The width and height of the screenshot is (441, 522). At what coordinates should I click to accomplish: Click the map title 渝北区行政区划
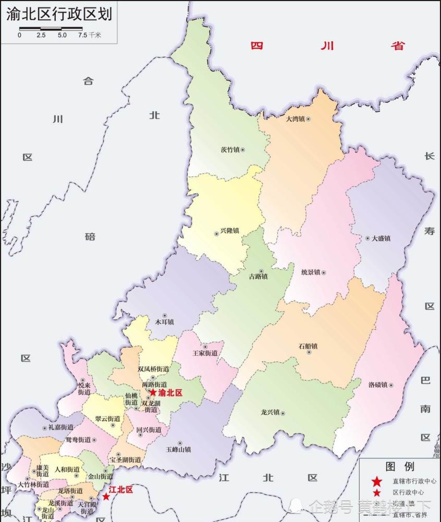coord(59,14)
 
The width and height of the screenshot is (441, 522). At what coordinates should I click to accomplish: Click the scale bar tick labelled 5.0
coord(62,35)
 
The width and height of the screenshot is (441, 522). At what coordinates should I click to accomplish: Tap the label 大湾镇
coord(295,119)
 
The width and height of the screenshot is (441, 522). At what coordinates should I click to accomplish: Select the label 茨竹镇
coord(230,150)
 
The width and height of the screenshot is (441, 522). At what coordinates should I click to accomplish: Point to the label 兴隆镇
coord(230,231)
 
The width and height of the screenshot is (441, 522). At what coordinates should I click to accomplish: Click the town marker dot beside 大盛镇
coord(366,239)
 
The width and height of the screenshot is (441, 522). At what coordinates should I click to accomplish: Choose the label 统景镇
coord(311,272)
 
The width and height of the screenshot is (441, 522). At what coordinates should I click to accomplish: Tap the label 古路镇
coord(258,277)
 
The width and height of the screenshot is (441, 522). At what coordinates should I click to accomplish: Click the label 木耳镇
coord(164,322)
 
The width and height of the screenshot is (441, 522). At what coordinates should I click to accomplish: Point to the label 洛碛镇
coord(378,385)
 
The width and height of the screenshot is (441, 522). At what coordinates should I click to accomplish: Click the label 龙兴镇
coord(270,413)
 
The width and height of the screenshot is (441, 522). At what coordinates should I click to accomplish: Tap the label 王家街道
coord(205,353)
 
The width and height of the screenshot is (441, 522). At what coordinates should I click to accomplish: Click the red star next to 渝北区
coord(153,393)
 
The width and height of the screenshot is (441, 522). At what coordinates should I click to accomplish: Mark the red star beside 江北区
coord(106,496)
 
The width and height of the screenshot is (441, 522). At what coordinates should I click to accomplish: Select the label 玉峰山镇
coord(178,449)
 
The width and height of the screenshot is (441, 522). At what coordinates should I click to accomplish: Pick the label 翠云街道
coord(108,419)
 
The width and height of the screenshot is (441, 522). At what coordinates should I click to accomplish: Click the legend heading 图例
coord(400,466)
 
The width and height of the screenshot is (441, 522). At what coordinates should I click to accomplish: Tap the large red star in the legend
coord(376,482)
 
